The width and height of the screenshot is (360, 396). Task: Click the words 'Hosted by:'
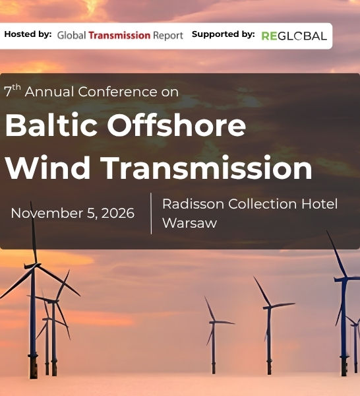[28, 34]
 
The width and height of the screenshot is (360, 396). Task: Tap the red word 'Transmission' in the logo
[119, 36]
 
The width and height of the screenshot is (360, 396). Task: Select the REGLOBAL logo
[294, 36]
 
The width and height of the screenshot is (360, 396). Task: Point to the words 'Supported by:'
[224, 34]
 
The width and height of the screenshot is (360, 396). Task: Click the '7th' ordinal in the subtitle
[13, 90]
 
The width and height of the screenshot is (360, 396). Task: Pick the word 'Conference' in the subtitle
[117, 92]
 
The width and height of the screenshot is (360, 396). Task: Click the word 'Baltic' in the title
[51, 125]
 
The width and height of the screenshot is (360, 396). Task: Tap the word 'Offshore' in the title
[176, 125]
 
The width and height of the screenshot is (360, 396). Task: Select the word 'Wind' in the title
[47, 168]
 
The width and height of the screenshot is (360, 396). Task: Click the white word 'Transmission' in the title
[206, 168]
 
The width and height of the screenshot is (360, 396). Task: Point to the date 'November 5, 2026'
[73, 213]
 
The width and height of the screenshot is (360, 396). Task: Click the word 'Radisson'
[193, 204]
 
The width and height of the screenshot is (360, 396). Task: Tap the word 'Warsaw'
[190, 223]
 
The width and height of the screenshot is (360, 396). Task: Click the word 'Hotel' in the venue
[319, 203]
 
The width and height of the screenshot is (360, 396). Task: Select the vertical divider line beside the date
[151, 213]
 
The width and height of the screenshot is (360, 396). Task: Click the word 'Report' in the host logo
[168, 36]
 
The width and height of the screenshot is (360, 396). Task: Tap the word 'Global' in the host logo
[72, 36]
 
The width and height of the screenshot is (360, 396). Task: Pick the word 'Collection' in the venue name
[262, 203]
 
